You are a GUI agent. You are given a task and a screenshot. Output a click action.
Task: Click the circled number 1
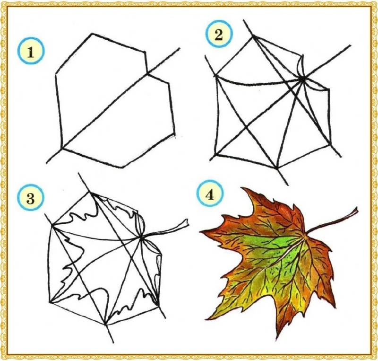pos(31,53)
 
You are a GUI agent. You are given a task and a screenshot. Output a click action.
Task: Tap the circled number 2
pos(218,35)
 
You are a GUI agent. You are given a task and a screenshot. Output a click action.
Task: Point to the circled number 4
pos(210,194)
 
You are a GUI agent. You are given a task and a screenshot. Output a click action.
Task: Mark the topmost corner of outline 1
pos(92,34)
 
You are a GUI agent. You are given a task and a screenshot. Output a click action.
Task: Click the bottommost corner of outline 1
pos(123,167)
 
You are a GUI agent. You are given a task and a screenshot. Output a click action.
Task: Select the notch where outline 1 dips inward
pos(147,72)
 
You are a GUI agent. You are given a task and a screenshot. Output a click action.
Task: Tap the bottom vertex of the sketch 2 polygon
pos(277,168)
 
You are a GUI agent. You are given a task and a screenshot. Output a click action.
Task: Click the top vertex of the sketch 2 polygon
pos(254,36)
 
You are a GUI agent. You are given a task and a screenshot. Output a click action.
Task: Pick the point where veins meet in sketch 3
pos(140,238)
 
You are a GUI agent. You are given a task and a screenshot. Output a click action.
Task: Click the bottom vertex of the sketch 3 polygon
pos(105,324)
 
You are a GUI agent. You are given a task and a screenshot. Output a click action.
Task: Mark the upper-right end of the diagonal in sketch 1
pos(179,49)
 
